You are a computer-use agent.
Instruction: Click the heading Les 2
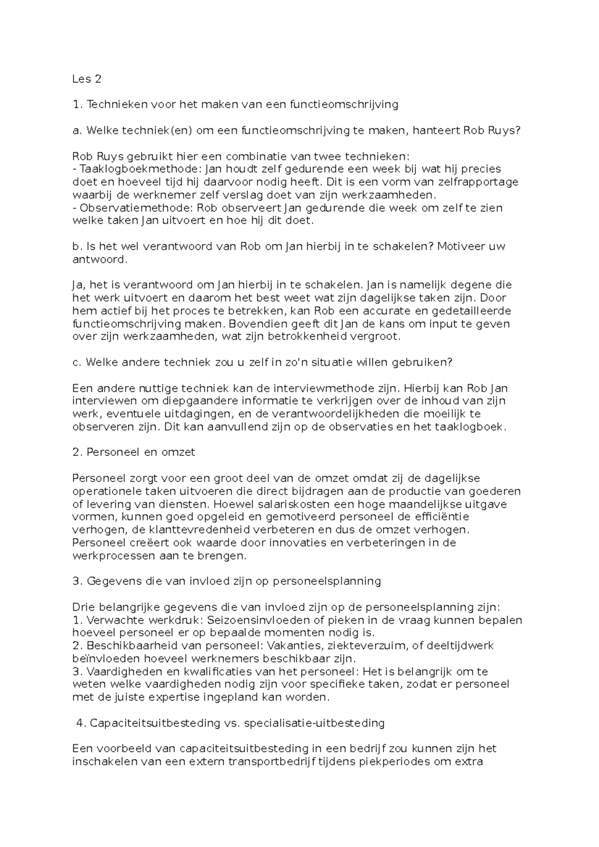pyautogui.click(x=86, y=78)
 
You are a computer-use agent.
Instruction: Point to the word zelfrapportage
pyautogui.click(x=480, y=182)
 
